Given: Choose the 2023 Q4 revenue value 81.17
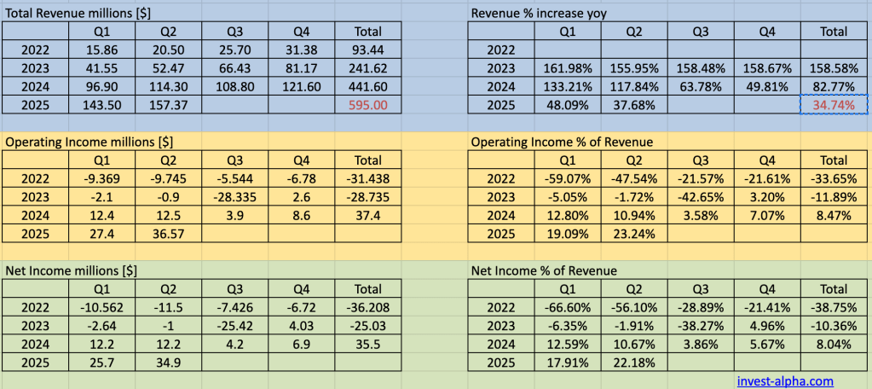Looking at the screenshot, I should [302, 69].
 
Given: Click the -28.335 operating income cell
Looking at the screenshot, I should [234, 197].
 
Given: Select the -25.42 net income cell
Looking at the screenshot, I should [234, 325].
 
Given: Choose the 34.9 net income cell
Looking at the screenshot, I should [168, 363].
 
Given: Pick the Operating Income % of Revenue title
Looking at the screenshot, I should [562, 142].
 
